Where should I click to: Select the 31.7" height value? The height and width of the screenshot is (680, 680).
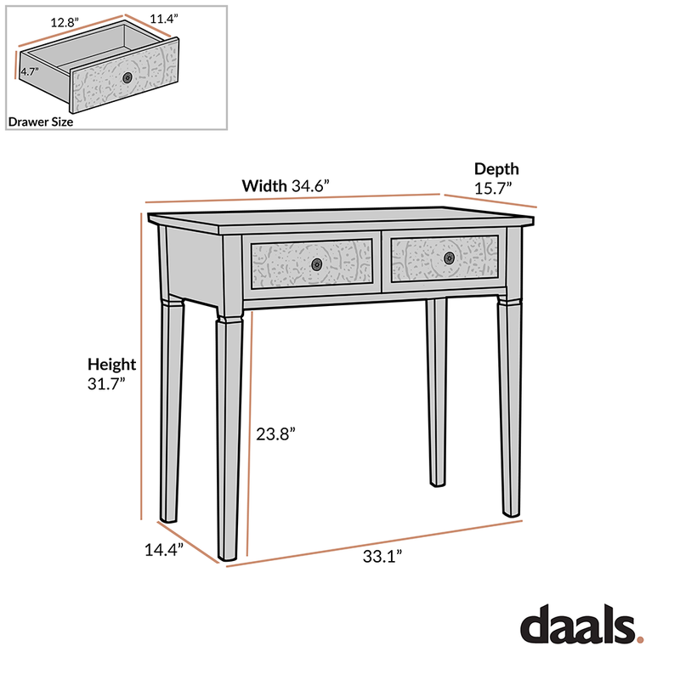[x=106, y=383]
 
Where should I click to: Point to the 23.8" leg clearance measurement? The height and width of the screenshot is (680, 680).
[x=275, y=433]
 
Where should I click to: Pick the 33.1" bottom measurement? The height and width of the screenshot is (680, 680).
[x=382, y=557]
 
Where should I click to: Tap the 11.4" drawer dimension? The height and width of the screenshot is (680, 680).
[x=165, y=19]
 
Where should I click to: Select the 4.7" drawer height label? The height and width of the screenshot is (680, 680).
[x=28, y=72]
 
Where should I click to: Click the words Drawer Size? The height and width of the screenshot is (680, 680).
[x=41, y=122]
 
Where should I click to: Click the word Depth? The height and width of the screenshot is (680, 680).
[x=496, y=169]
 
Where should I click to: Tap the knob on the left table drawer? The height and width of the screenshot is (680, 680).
[x=317, y=263]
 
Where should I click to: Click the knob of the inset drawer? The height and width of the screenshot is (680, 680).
[x=127, y=77]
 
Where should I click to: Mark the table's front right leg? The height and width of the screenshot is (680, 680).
[x=510, y=408]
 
